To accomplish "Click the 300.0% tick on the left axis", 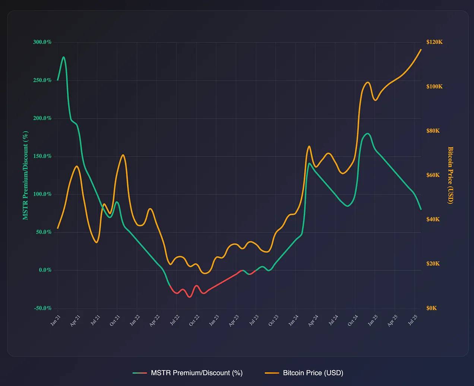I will (42, 42).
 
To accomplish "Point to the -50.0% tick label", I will (42, 308).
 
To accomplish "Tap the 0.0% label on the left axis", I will (45, 270).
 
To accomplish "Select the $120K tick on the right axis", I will (434, 42).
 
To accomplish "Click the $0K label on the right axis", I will (432, 308).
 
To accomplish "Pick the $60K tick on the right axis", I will (433, 175).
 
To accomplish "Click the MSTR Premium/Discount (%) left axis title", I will (25, 175).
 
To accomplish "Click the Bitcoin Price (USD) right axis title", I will (451, 175).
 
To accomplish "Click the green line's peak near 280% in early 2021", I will (64, 57).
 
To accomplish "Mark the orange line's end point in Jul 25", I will (421, 49).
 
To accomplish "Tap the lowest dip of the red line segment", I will (190, 297).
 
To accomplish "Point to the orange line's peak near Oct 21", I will (123, 155).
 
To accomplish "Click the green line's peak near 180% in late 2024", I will (367, 133).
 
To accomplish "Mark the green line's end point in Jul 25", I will (421, 210).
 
